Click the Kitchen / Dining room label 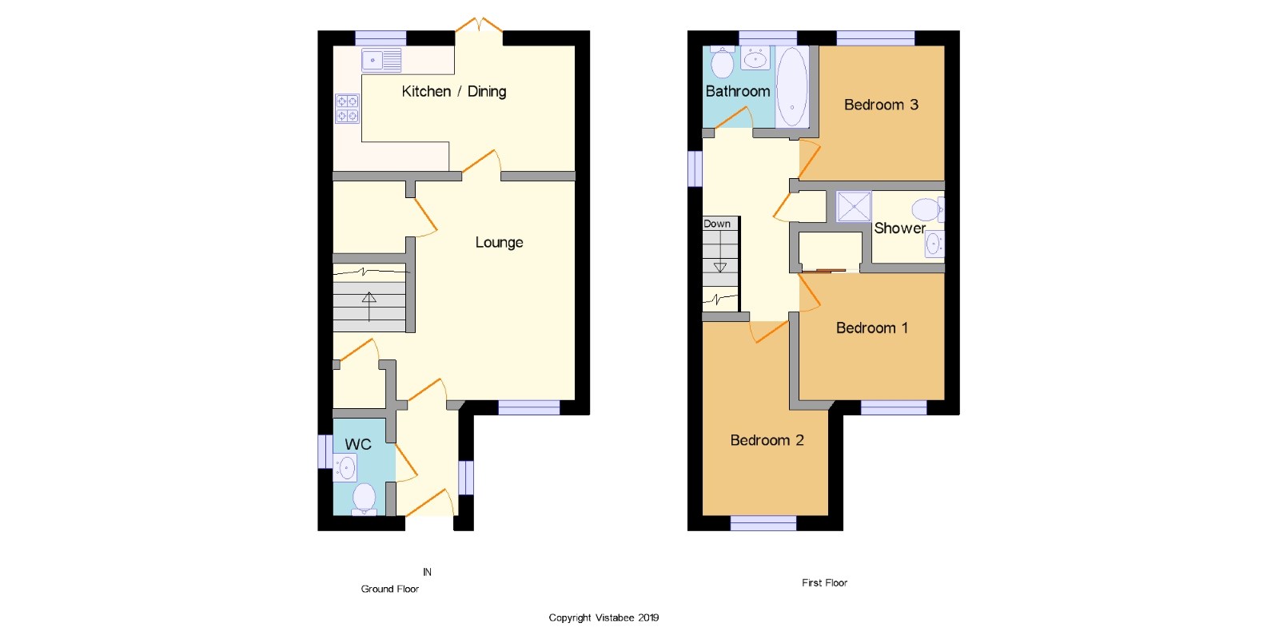point(454,91)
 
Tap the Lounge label point(499,243)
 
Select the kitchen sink point(381,60)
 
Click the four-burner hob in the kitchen point(347,109)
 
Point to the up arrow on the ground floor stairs point(369,307)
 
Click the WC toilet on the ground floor point(364,498)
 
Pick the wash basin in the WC point(345,468)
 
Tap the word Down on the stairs point(716,224)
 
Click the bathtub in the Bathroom point(792,87)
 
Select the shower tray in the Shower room point(854,206)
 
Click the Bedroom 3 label point(881,105)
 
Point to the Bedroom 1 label point(872,328)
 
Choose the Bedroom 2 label point(767,440)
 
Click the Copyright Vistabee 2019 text point(604,617)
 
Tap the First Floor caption point(824,582)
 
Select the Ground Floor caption point(390,589)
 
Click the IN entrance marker point(427,572)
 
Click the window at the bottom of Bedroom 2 point(763,523)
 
